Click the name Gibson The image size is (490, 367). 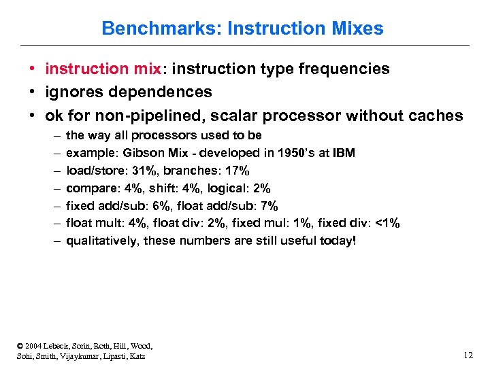pyautogui.click(x=140, y=153)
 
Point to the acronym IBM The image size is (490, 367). pyautogui.click(x=342, y=153)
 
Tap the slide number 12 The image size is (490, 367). pyautogui.click(x=468, y=355)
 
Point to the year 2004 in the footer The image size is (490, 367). pyautogui.click(x=31, y=346)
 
